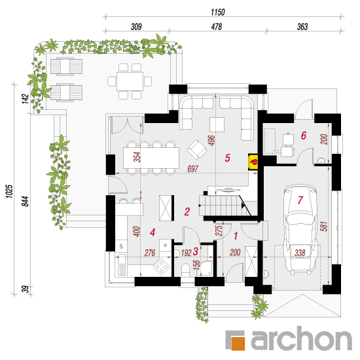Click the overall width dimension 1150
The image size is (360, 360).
[x=218, y=12]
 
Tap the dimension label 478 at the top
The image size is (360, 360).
[x=217, y=27]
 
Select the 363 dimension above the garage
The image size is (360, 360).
[x=302, y=27]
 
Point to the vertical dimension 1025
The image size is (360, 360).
[x=9, y=191]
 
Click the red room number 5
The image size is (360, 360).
[x=227, y=158]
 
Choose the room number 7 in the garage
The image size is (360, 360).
[x=300, y=200]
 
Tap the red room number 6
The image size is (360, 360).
[x=304, y=135]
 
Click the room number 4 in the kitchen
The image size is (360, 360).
[x=153, y=232]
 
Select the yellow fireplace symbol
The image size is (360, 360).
[x=253, y=162]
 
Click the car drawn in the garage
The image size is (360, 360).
[x=300, y=230]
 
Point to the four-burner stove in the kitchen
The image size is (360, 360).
[x=162, y=266]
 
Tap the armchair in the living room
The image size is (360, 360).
[x=197, y=149]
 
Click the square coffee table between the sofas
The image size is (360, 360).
[x=217, y=124]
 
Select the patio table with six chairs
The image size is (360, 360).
[x=130, y=82]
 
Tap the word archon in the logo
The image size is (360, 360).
[x=302, y=338]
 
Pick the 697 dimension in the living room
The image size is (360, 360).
[x=192, y=169]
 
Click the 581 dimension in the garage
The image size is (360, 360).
[x=323, y=226]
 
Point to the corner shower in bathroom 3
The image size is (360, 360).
[x=206, y=268]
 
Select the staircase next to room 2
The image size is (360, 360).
[x=225, y=206]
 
